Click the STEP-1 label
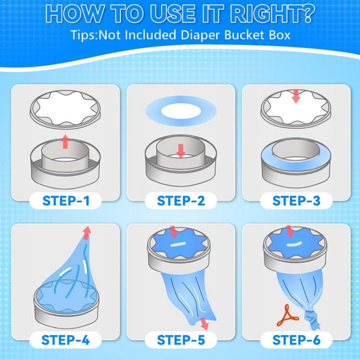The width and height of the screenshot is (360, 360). pos(66,201)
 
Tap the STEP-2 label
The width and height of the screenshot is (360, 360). pos(181,201)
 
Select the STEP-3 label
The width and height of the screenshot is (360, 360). pos(296,201)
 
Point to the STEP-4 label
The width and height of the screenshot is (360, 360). pos(66,340)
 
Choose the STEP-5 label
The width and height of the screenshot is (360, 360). pos(181,340)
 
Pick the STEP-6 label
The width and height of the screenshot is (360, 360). pos(296,340)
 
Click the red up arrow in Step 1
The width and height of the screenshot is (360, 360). pos(66,141)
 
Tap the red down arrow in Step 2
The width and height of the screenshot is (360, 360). pos(181,151)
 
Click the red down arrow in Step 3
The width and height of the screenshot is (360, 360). pos(296,96)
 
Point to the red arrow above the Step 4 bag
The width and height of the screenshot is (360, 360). pos(87,233)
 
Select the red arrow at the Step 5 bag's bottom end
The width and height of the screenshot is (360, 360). pos(204,323)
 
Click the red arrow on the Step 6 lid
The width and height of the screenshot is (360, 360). pos(290,231)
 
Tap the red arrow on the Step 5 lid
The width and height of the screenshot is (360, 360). pos(173,232)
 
